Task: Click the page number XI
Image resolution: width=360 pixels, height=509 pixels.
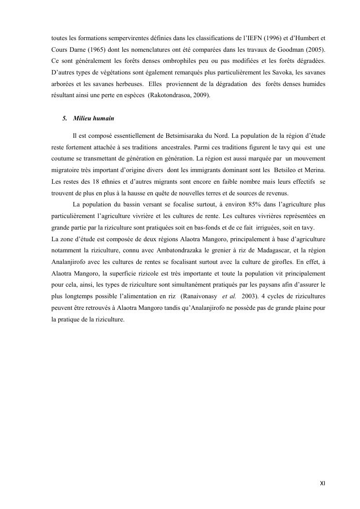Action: [322, 483]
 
